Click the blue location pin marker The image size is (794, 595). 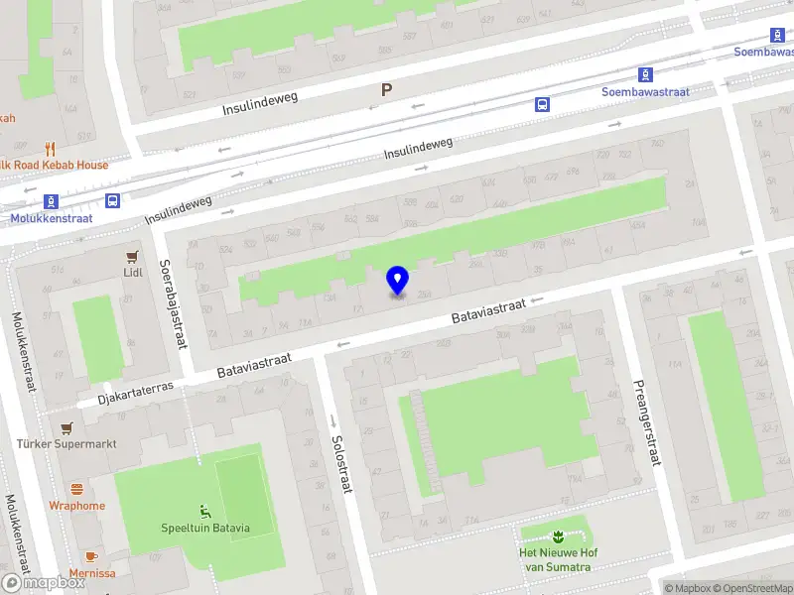click(397, 280)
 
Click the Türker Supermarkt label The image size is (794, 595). click(66, 443)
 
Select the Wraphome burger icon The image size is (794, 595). click(77, 489)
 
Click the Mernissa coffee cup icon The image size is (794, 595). click(91, 557)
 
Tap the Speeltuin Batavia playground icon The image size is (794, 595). click(205, 512)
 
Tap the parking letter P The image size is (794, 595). click(387, 90)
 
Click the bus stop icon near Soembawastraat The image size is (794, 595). click(543, 103)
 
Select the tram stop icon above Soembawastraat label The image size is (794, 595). click(645, 74)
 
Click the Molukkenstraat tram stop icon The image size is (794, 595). click(50, 201)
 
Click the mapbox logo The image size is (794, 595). click(42, 583)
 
